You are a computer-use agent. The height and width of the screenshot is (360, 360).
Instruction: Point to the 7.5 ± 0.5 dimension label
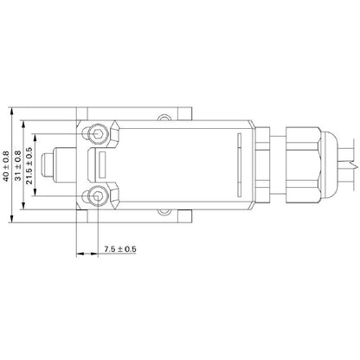pyautogui.click(x=119, y=250)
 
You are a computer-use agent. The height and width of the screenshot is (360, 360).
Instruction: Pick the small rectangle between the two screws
pyautogui.click(x=100, y=163)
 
